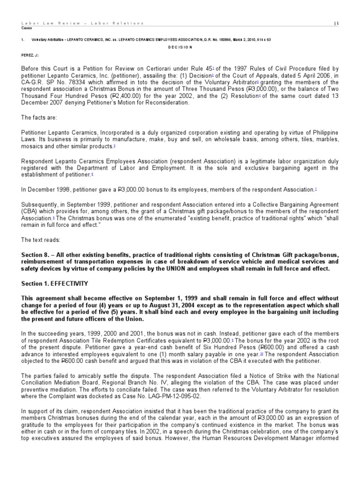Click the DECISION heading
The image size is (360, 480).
pyautogui.click(x=180, y=47)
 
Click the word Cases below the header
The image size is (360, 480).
pyautogui.click(x=27, y=28)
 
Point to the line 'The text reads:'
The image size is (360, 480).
pyautogui.click(x=41, y=240)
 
